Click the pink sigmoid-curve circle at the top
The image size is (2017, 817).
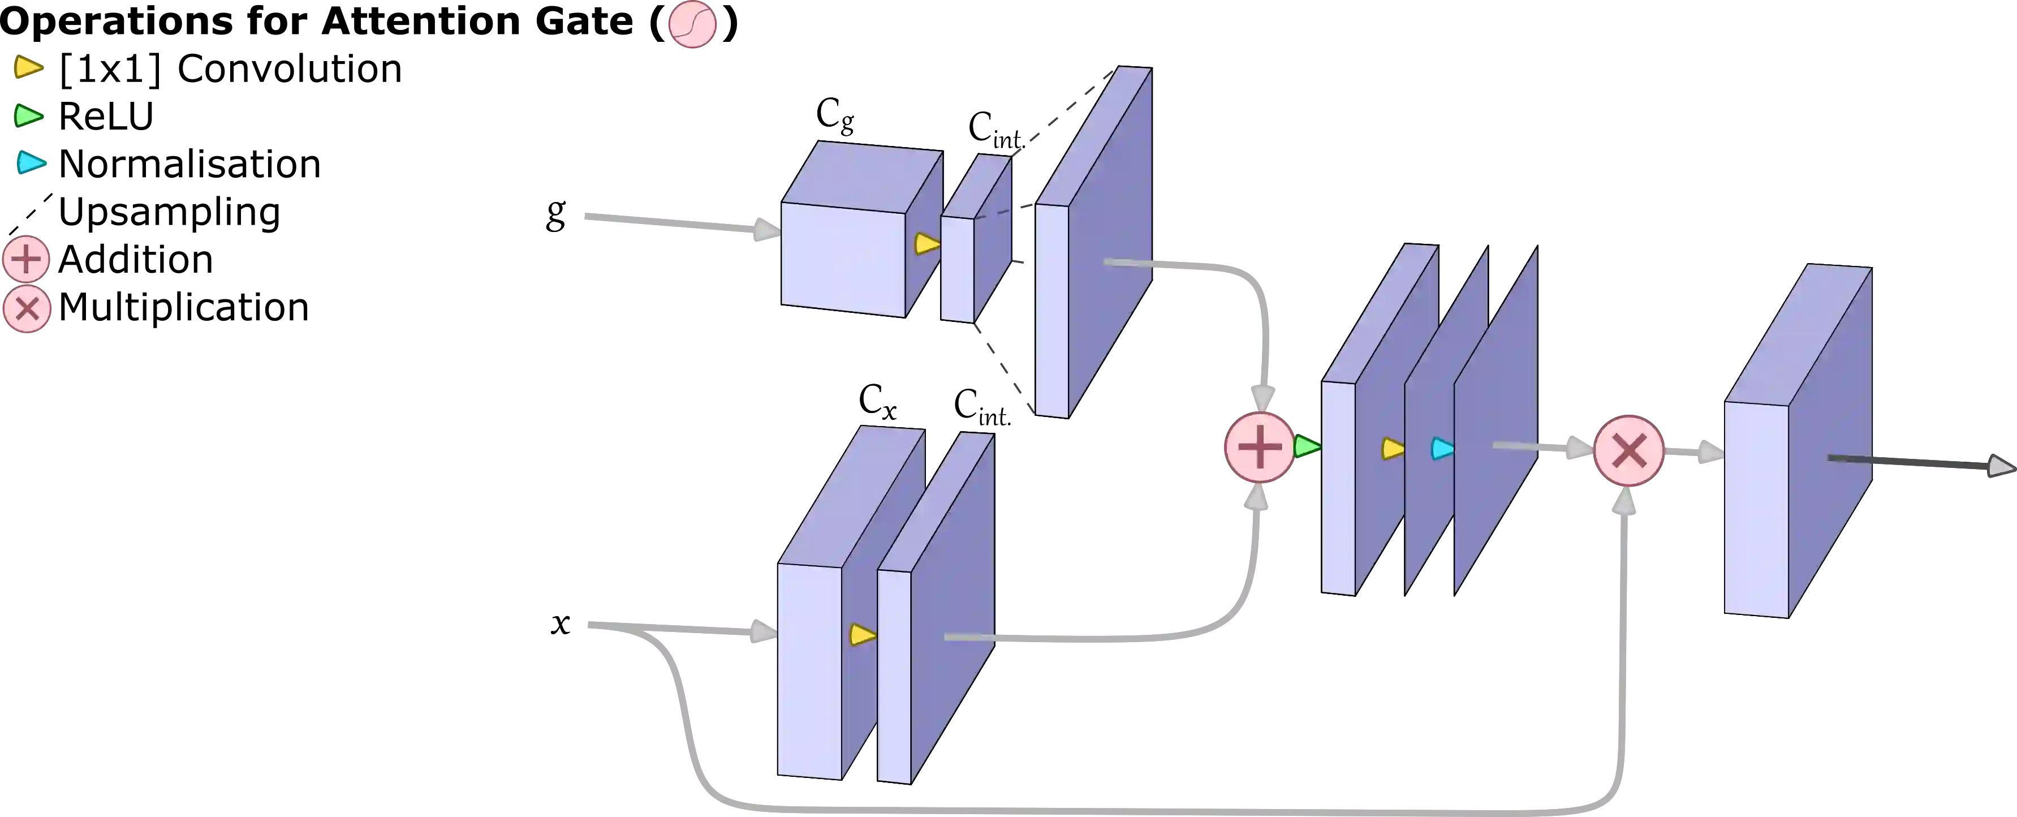(x=692, y=24)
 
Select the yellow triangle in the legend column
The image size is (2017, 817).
(x=28, y=67)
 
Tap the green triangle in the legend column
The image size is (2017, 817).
(x=29, y=116)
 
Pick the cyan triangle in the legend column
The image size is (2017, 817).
(x=31, y=163)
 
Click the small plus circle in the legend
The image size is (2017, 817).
(x=27, y=259)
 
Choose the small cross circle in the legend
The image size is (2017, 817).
(x=27, y=309)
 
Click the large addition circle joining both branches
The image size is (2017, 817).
(x=1259, y=448)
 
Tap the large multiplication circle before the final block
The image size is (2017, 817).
(x=1628, y=450)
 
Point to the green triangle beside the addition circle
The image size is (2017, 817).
(x=1307, y=448)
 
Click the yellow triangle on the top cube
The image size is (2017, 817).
(x=927, y=244)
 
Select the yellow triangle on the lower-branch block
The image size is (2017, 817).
(x=862, y=634)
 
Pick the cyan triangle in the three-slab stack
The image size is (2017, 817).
(x=1442, y=449)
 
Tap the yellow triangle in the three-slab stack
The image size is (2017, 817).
(x=1392, y=449)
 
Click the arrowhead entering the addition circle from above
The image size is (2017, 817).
(x=1262, y=395)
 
